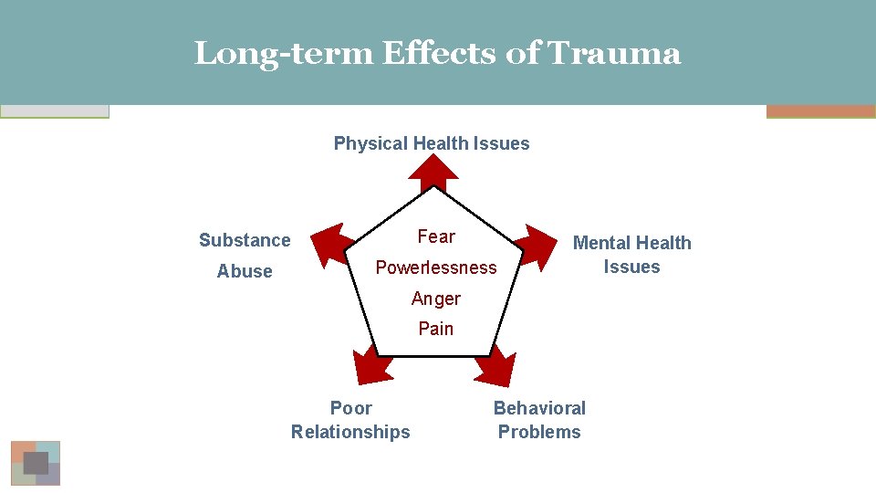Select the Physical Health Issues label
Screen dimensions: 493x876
(x=432, y=143)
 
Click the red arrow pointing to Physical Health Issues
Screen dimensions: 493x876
(x=433, y=170)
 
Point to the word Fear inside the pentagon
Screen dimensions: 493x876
(x=436, y=236)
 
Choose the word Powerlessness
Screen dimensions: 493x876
(x=436, y=267)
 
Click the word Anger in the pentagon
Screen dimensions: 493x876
(x=436, y=299)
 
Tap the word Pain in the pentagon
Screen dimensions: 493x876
(x=436, y=329)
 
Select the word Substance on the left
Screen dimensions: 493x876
(x=245, y=240)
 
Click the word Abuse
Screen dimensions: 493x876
(x=245, y=271)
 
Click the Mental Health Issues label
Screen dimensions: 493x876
(x=631, y=255)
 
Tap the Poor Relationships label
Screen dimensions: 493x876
(x=350, y=420)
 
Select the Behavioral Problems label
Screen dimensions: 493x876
(x=539, y=420)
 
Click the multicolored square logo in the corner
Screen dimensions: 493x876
(x=36, y=463)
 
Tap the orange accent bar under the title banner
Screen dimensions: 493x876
(x=820, y=111)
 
